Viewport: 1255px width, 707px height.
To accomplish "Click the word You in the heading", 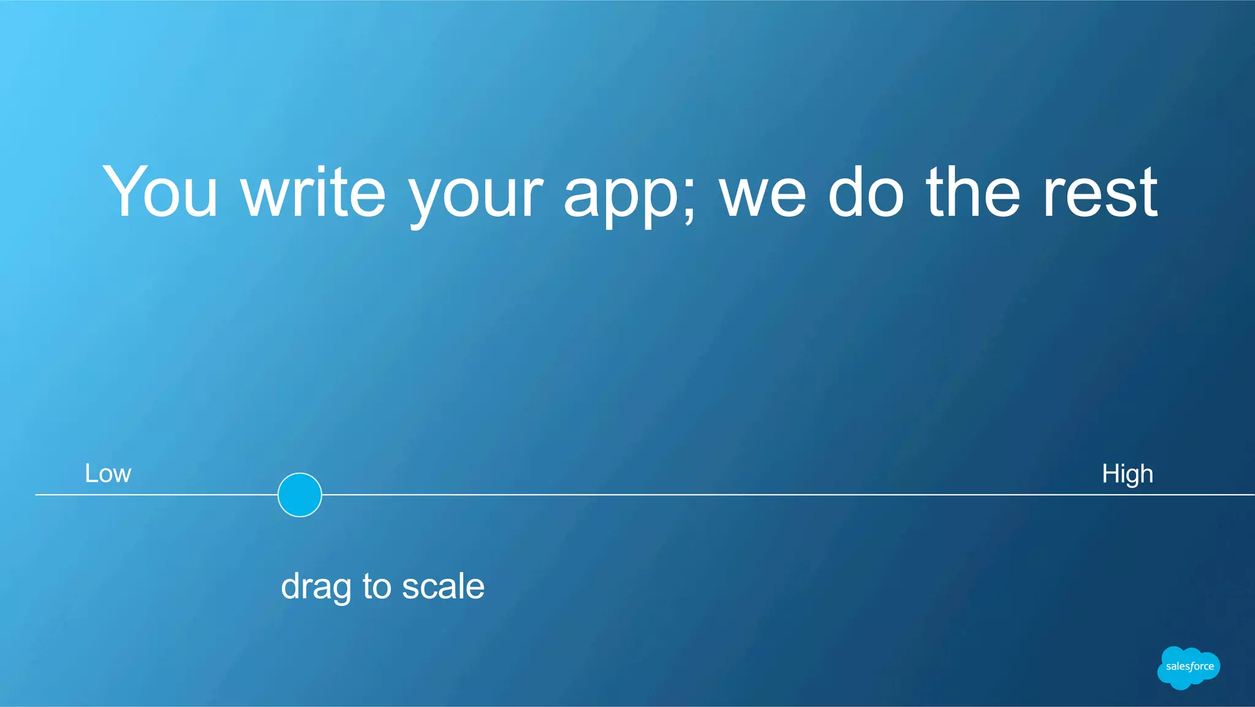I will pos(160,191).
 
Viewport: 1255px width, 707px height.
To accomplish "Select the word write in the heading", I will pos(314,191).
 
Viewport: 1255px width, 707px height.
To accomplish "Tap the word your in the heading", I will pos(476,196).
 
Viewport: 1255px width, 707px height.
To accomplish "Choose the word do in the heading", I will pos(866,191).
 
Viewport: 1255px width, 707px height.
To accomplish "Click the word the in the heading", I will pos(973,191).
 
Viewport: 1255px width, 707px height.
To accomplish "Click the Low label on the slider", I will pos(108,473).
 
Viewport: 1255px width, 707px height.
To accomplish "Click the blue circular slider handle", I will pos(300,495).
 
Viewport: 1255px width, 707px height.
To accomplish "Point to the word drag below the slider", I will pos(316,587).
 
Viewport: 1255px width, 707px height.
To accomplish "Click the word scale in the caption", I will pos(443,586).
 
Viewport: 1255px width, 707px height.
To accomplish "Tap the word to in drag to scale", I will pos(377,586).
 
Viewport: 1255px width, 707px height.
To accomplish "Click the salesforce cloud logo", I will pos(1188,667).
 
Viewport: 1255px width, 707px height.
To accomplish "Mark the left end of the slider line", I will pos(37,494).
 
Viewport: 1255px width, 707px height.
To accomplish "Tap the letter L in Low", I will pos(90,473).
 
